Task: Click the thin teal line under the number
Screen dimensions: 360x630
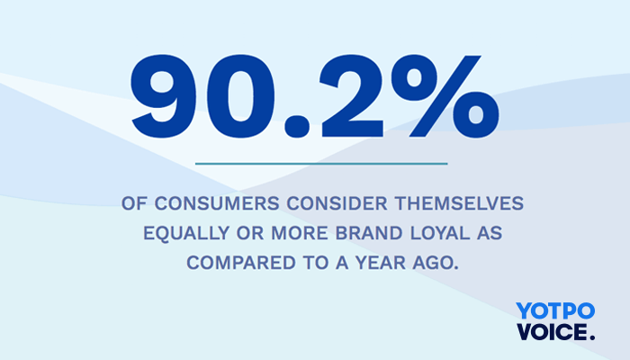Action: point(320,164)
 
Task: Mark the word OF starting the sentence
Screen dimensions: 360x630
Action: point(133,203)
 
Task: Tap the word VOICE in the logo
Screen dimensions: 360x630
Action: point(549,331)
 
